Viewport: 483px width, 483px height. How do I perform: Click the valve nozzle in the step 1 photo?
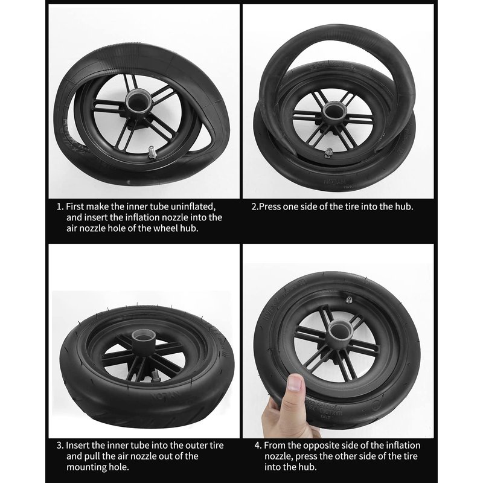pyautogui.click(x=153, y=153)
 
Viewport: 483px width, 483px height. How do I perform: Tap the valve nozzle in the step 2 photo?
pyautogui.click(x=328, y=152)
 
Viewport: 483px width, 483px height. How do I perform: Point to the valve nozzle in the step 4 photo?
pyautogui.click(x=349, y=299)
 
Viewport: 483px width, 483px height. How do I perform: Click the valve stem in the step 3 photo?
pyautogui.click(x=156, y=377)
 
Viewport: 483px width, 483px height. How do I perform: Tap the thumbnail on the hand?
pyautogui.click(x=295, y=383)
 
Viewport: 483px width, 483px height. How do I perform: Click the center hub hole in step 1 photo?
pyautogui.click(x=138, y=101)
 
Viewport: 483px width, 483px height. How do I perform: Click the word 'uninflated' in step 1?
pyautogui.click(x=193, y=206)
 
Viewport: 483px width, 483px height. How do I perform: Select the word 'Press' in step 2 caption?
pyautogui.click(x=270, y=206)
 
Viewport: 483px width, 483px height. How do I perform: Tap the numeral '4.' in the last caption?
pyautogui.click(x=258, y=446)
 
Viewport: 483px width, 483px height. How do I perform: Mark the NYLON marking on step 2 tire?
pyautogui.click(x=334, y=181)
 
